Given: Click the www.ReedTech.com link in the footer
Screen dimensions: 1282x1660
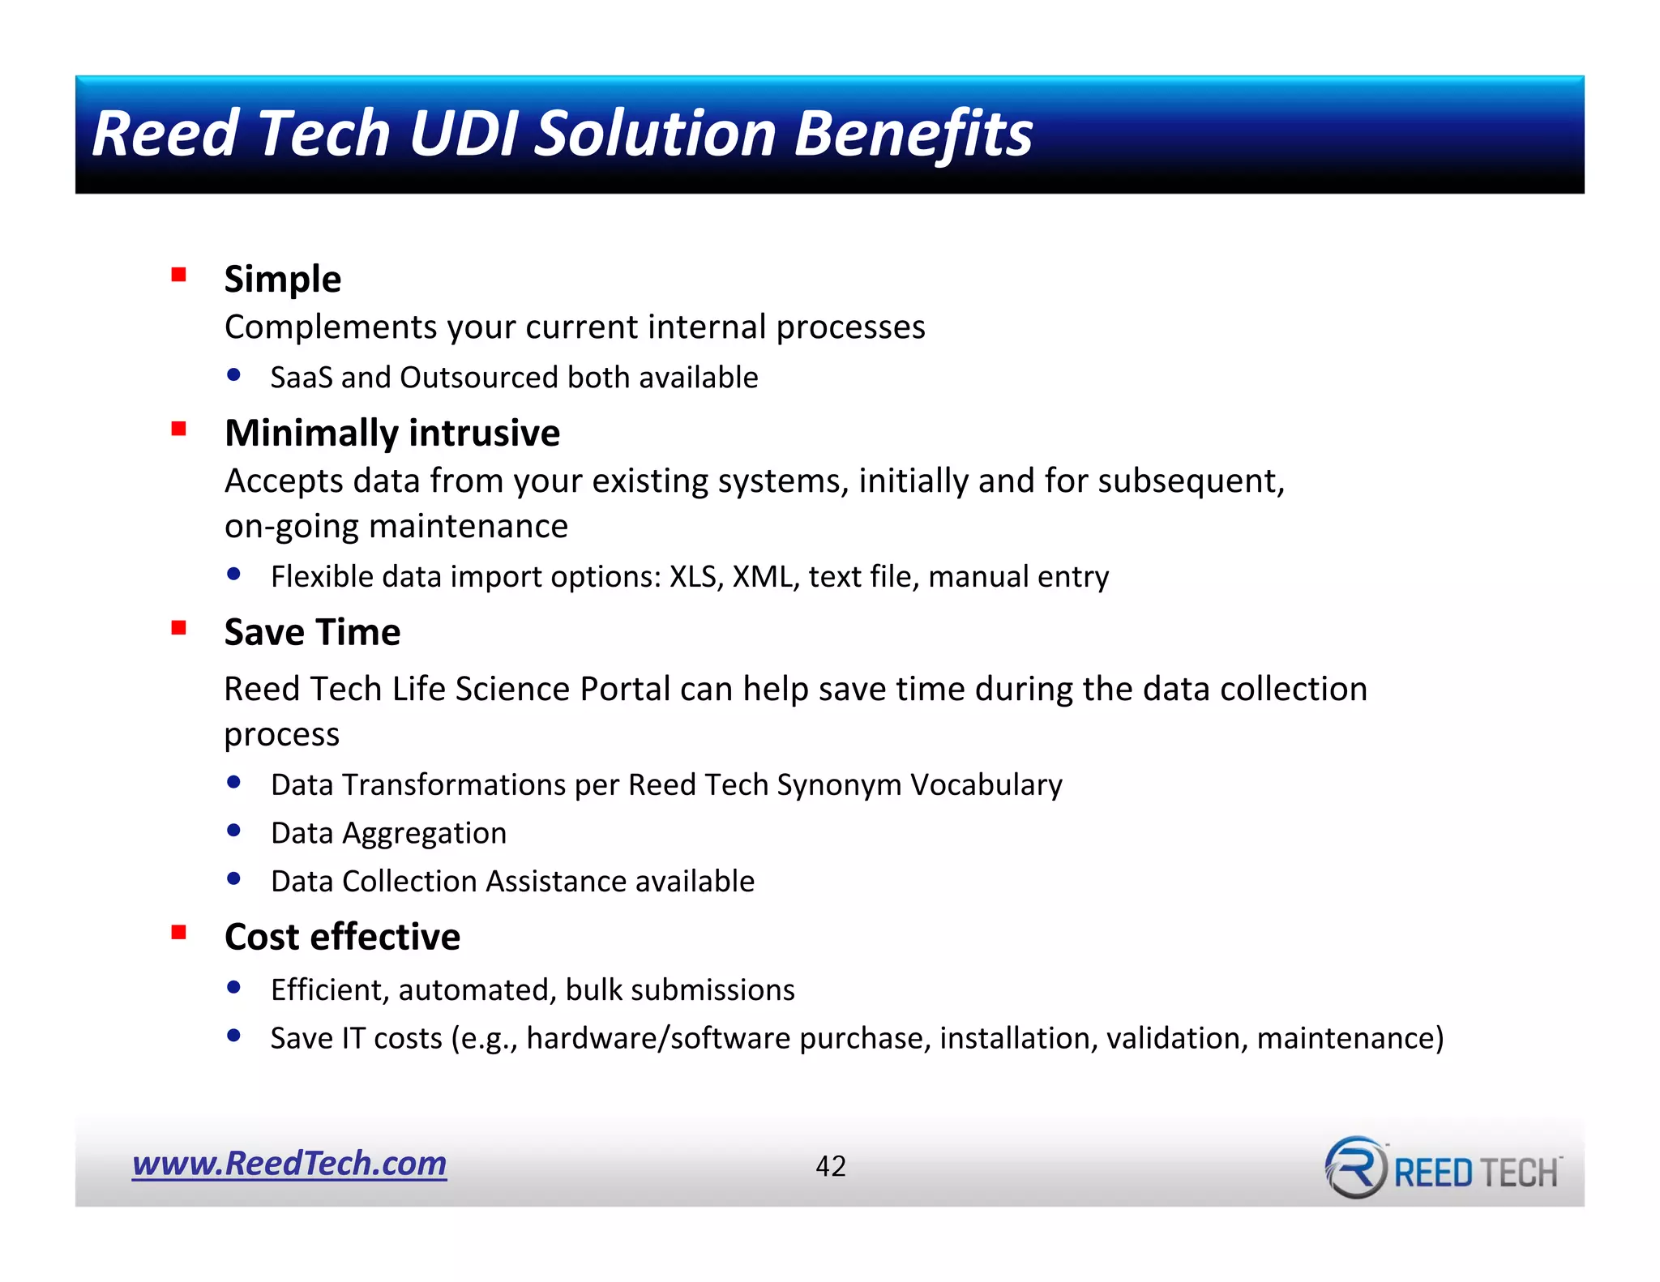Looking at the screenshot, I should [289, 1164].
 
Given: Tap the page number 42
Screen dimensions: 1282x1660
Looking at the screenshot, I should [831, 1166].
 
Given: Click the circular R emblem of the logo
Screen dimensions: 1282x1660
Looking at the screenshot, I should [1356, 1168].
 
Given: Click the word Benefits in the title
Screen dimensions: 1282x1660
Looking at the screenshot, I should [913, 134].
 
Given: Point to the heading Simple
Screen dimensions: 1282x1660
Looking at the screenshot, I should [282, 280].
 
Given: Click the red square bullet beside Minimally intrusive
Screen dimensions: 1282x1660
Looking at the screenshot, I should [179, 429].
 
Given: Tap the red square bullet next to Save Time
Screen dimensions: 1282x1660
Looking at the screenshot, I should [179, 628].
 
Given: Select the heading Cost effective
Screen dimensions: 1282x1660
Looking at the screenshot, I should [342, 937].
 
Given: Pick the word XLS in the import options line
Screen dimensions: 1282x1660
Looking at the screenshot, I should [695, 577].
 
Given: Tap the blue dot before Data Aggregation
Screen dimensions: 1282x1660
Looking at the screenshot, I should [234, 831].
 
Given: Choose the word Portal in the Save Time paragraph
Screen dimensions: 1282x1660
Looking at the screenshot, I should [625, 690].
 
